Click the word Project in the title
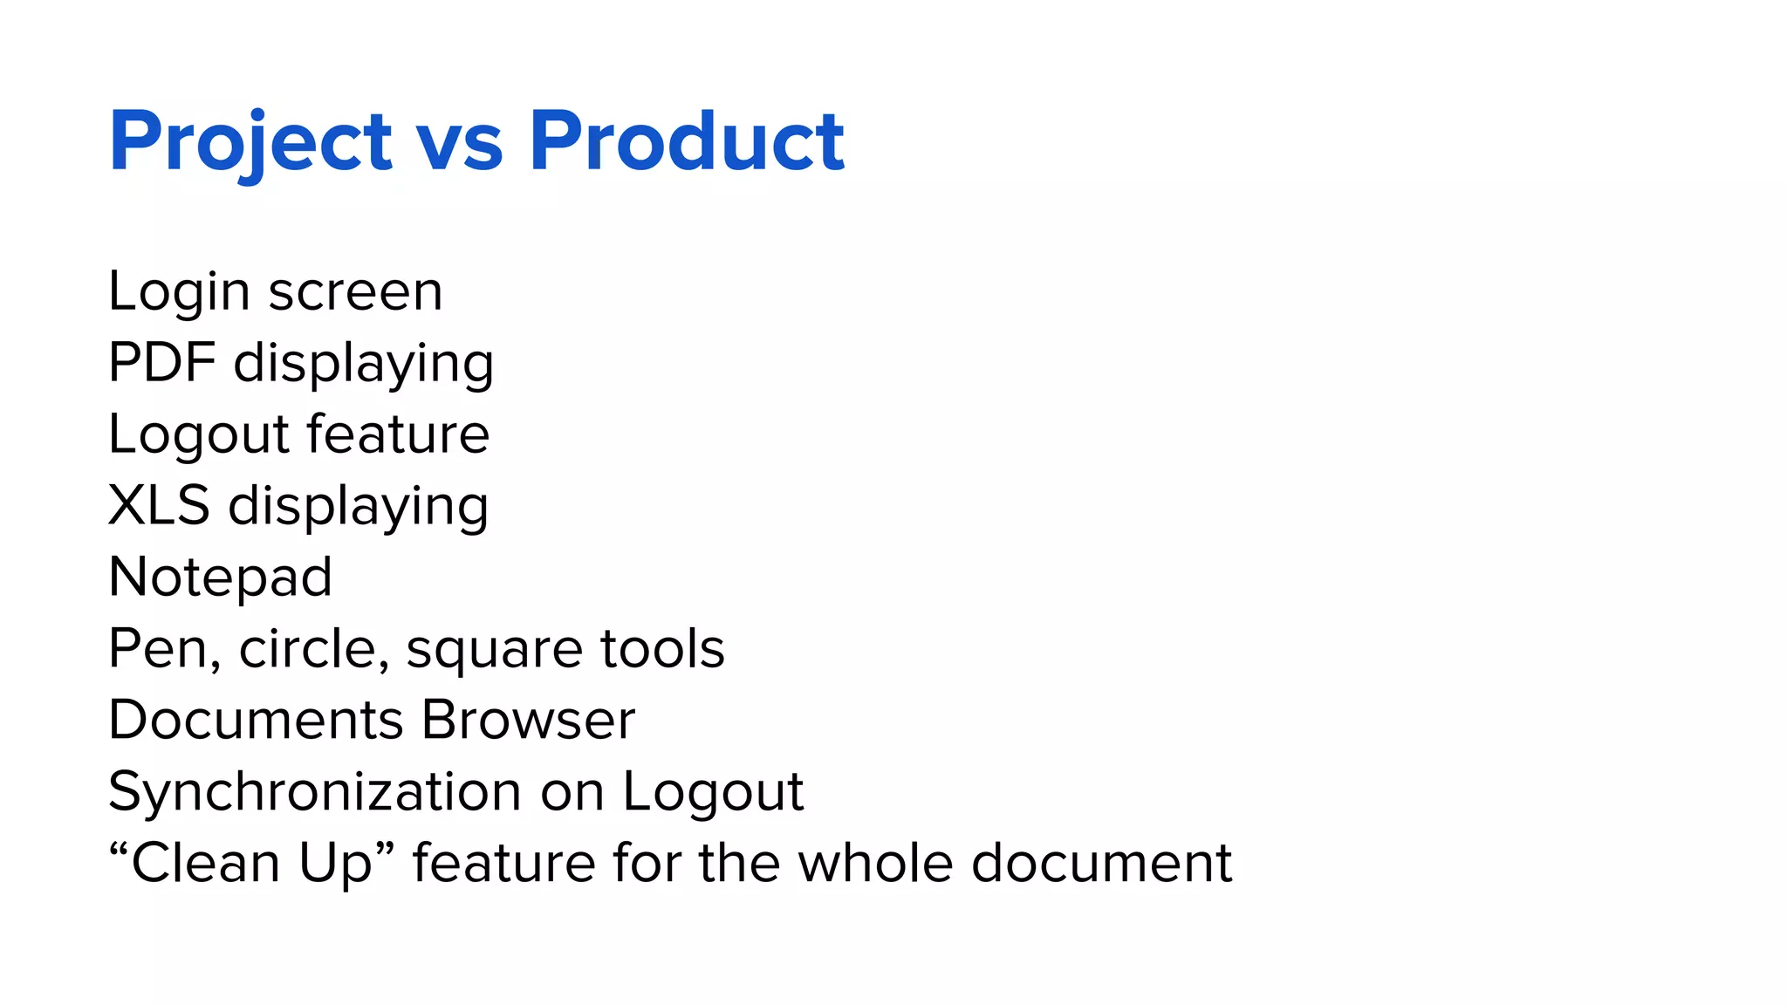[x=250, y=141]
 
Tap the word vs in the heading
[x=460, y=141]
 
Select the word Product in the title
[x=686, y=141]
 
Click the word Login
[x=179, y=291]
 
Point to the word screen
[x=355, y=291]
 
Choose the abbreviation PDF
[x=161, y=362]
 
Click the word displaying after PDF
[x=363, y=364]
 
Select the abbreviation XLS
[x=159, y=505]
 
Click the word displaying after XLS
[x=358, y=507]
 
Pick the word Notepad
[x=220, y=577]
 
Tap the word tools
[x=662, y=649]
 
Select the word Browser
[x=528, y=721]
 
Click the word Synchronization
[x=314, y=792]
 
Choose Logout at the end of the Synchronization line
[x=712, y=792]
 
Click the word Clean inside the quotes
[x=206, y=864]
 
